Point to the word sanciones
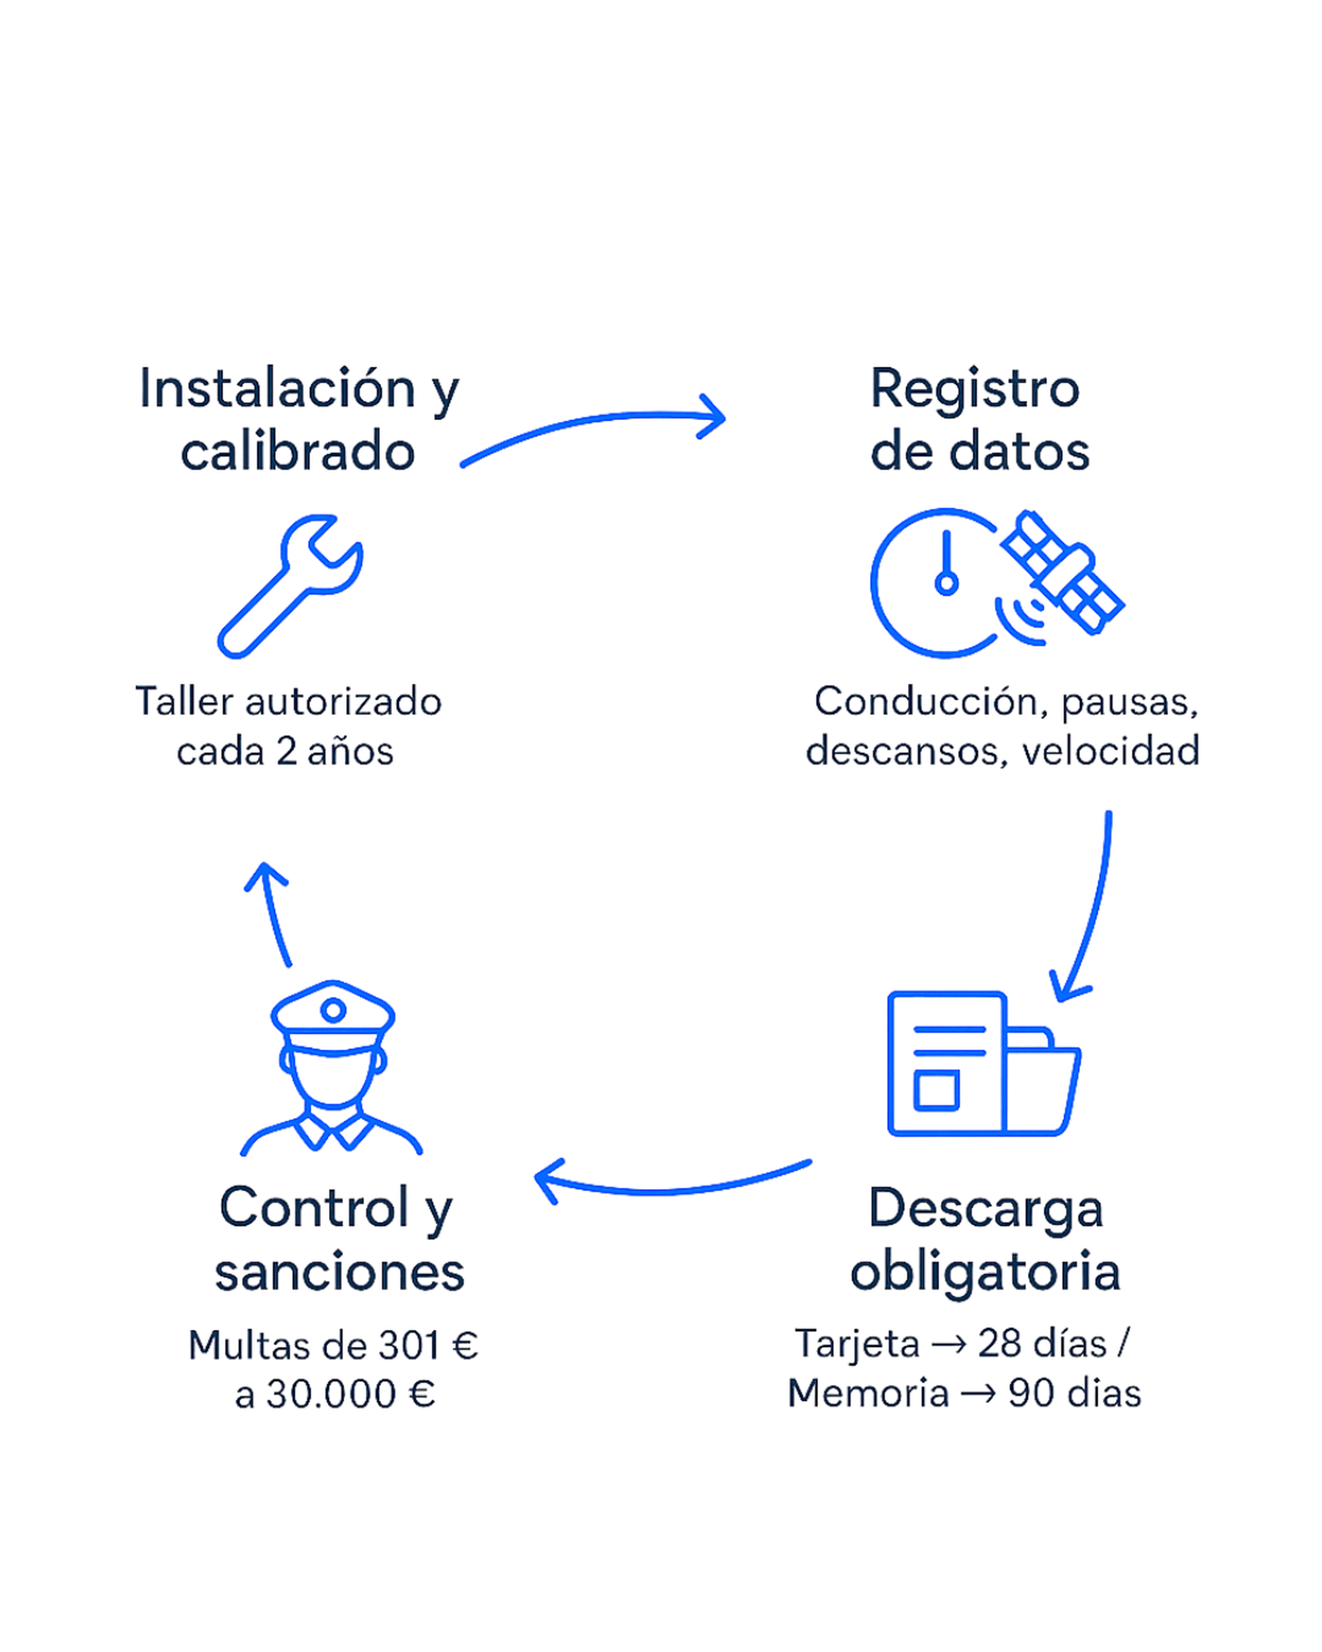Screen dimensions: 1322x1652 point(339,1274)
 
